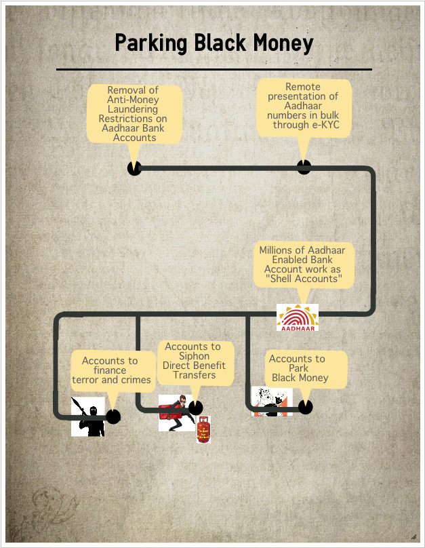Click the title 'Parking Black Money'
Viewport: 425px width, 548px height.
pyautogui.click(x=214, y=43)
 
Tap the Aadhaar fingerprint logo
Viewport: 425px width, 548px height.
pyautogui.click(x=298, y=317)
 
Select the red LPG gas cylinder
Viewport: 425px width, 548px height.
pyautogui.click(x=203, y=429)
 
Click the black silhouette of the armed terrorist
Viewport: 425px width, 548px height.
pyautogui.click(x=88, y=416)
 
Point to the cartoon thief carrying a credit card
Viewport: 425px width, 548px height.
pyautogui.click(x=176, y=413)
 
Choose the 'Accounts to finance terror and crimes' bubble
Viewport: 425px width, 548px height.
pyautogui.click(x=113, y=371)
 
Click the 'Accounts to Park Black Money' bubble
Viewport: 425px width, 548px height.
pyautogui.click(x=306, y=370)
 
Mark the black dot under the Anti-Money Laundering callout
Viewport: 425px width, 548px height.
pyautogui.click(x=134, y=168)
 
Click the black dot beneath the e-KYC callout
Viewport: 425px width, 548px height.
pyautogui.click(x=304, y=167)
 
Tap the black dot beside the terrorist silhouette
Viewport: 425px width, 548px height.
pyautogui.click(x=113, y=416)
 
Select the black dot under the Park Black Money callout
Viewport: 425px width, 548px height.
pyautogui.click(x=305, y=407)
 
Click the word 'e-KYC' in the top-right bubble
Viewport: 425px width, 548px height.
pyautogui.click(x=325, y=125)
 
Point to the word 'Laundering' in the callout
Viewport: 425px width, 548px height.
pyautogui.click(x=133, y=109)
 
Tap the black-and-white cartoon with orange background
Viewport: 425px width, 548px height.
pyautogui.click(x=272, y=402)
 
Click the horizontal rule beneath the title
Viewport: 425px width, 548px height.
pyautogui.click(x=214, y=70)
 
